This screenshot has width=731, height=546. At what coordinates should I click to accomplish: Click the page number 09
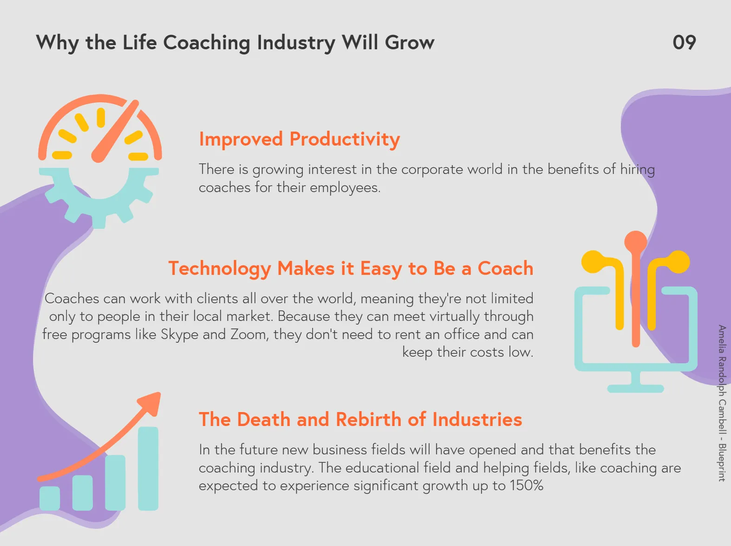[x=684, y=43]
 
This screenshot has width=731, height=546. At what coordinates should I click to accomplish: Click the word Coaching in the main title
[x=207, y=43]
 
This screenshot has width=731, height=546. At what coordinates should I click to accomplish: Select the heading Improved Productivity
[x=300, y=140]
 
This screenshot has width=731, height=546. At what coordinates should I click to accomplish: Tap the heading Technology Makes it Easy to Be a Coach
[x=351, y=269]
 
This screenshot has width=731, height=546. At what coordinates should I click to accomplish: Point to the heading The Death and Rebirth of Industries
[x=360, y=419]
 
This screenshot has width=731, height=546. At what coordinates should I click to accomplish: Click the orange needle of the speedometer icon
[x=115, y=131]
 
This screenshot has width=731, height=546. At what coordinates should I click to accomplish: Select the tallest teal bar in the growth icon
[x=148, y=468]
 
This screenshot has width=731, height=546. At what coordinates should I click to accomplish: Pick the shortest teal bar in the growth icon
[x=50, y=499]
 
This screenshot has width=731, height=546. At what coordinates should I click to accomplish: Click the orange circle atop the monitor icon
[x=636, y=242]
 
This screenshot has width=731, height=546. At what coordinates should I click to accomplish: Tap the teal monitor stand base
[x=636, y=388]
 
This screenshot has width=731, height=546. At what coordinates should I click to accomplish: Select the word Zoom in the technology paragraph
[x=249, y=334]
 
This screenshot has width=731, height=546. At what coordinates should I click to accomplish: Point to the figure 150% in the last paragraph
[x=527, y=486]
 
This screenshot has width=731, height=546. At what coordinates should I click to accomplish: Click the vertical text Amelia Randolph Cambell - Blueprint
[x=721, y=403]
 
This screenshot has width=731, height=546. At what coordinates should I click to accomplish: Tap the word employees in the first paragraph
[x=346, y=188]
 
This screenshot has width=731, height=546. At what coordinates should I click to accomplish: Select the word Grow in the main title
[x=410, y=43]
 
